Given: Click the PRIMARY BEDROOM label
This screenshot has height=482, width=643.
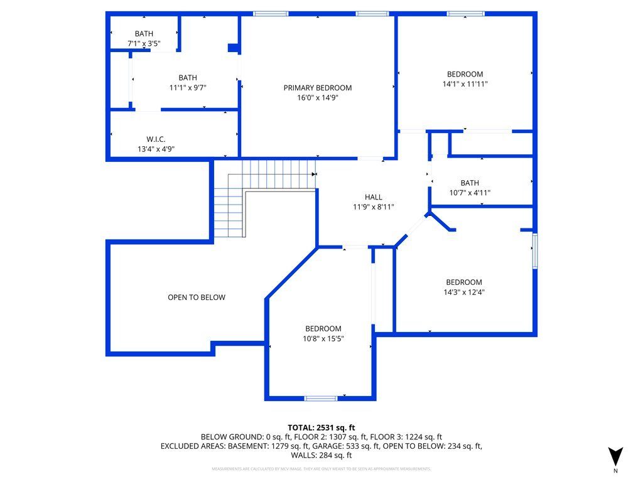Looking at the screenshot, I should (x=317, y=88).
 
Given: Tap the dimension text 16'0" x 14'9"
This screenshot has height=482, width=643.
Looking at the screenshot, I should (x=317, y=98).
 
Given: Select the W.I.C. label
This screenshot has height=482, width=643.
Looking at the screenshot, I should (x=156, y=139).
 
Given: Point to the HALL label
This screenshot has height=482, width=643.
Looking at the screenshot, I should (x=374, y=197).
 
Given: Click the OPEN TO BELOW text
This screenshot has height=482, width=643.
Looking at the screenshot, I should (x=196, y=297).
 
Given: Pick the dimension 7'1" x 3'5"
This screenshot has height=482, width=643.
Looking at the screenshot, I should (x=144, y=44).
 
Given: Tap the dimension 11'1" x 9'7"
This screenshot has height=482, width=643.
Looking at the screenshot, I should (x=188, y=88).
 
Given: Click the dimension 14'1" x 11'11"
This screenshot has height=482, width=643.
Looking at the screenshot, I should (x=465, y=83).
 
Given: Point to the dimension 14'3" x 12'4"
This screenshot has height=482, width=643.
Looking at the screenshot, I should (x=464, y=292).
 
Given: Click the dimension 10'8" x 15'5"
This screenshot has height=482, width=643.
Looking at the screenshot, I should (x=323, y=338).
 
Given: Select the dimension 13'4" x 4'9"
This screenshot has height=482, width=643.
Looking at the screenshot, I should (x=156, y=149).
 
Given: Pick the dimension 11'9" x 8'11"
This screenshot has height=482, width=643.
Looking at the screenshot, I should (x=374, y=207).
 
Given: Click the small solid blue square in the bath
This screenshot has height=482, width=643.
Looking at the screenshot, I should (x=233, y=47).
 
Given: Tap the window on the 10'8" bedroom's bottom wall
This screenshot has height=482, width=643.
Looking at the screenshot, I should (x=321, y=398).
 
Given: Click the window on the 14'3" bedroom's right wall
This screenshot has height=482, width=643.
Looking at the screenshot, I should (x=535, y=251).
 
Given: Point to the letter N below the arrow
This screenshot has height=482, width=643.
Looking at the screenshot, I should (x=616, y=471).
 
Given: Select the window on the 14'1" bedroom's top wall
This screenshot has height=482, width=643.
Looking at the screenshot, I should (x=465, y=13).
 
